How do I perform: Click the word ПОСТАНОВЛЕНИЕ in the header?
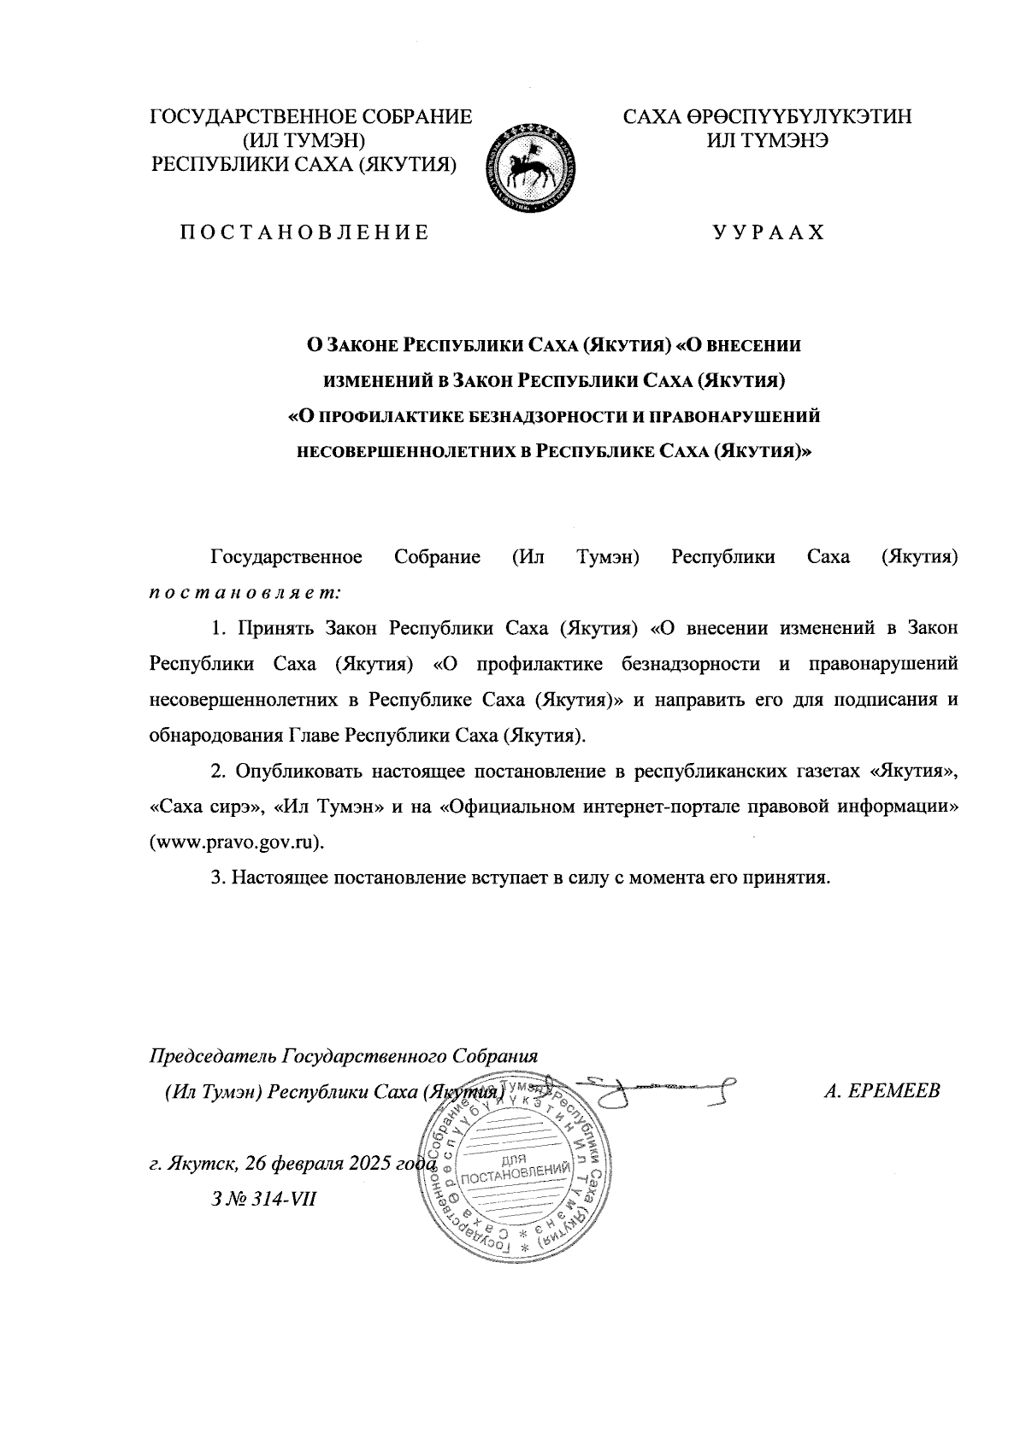(x=304, y=232)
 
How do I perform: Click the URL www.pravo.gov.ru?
(x=238, y=842)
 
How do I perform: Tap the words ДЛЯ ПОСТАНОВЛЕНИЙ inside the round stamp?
(x=514, y=1171)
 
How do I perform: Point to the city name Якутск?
(x=202, y=1164)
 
